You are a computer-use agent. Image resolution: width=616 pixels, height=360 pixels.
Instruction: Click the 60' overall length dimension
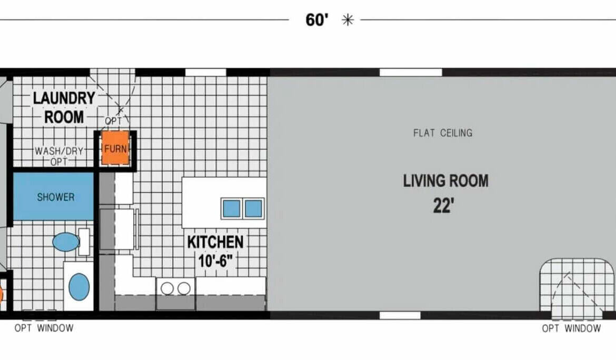click(316, 19)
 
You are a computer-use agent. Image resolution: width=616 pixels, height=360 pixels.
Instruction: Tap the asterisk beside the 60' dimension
click(347, 20)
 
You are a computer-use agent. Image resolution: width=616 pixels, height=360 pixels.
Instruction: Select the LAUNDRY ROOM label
click(64, 107)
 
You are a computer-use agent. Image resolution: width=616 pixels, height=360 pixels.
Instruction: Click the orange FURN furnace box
click(115, 148)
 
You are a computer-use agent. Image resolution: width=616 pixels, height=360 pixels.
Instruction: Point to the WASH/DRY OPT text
click(59, 156)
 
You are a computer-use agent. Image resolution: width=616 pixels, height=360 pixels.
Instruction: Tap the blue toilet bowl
click(66, 242)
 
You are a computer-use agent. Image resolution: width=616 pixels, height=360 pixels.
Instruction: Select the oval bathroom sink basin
click(79, 287)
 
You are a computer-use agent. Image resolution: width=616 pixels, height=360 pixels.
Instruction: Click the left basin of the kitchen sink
click(231, 208)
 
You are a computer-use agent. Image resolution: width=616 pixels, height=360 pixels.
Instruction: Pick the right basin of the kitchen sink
click(253, 208)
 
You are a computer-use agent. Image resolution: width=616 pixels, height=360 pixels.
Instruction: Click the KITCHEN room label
click(215, 242)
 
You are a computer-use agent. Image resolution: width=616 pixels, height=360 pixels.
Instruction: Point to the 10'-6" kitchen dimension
click(215, 261)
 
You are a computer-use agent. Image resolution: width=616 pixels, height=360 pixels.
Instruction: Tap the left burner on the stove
click(167, 288)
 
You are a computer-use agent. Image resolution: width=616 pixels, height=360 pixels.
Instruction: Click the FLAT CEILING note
click(443, 133)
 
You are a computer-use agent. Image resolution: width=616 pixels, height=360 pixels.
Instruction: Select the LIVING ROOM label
click(446, 181)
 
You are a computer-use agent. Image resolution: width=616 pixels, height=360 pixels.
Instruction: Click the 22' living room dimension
click(443, 206)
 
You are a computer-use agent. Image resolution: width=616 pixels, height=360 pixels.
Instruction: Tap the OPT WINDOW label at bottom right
click(571, 328)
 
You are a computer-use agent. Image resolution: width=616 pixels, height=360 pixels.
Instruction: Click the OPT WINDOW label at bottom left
click(44, 328)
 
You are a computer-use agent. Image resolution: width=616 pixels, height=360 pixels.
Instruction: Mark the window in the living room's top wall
click(411, 72)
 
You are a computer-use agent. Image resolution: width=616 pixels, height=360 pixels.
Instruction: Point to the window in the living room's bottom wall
click(400, 315)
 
